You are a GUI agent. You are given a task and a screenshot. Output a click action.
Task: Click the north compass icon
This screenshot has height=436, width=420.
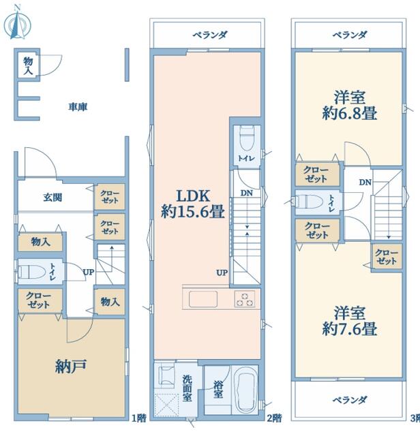coord(16,23)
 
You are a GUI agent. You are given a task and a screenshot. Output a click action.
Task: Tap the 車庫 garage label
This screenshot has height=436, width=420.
coord(77,107)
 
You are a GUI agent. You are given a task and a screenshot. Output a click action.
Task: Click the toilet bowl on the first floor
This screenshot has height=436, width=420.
coord(32,272)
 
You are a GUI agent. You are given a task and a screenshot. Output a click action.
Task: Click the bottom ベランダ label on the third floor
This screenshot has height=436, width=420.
coord(350,399)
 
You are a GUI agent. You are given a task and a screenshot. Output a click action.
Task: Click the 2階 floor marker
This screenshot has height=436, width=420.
coord(274,417)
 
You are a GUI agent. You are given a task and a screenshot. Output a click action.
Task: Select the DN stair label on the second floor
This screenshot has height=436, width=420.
coord(245,193)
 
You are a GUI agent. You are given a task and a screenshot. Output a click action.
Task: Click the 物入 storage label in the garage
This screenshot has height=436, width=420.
coord(28,65)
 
